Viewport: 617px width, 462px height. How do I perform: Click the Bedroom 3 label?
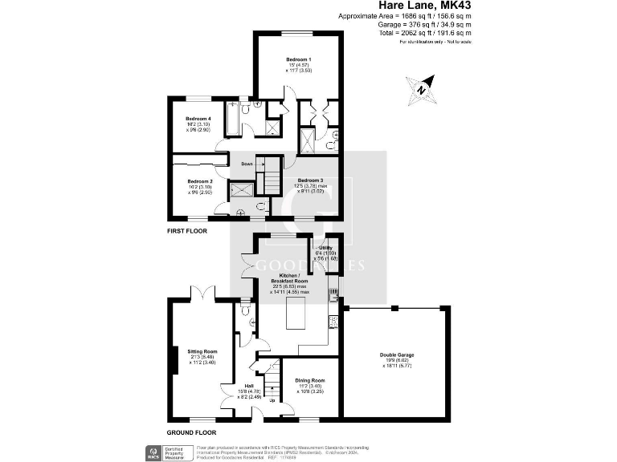click(310, 180)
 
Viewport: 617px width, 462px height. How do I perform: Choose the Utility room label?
click(325, 249)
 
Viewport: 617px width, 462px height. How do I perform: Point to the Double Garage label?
click(397, 355)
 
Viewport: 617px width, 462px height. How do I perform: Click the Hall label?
click(249, 385)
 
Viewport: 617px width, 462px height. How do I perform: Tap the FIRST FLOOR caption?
click(186, 231)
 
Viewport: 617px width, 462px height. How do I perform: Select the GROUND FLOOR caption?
click(193, 431)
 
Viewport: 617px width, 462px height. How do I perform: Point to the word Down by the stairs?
click(247, 164)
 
